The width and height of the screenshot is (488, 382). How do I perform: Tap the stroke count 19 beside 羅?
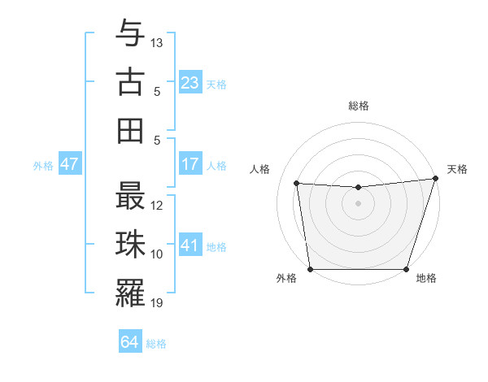tap(158, 303)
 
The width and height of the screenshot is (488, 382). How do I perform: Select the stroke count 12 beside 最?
tap(158, 206)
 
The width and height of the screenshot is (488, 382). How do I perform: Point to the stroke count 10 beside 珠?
tap(158, 254)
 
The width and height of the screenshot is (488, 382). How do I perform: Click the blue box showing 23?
tap(190, 82)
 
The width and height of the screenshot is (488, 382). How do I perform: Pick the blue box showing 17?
tap(190, 164)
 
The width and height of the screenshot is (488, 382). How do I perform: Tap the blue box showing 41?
tap(190, 245)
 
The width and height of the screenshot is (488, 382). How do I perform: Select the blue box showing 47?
tap(69, 164)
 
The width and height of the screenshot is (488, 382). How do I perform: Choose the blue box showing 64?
tap(129, 342)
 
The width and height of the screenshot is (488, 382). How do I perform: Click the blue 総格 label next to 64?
tap(157, 344)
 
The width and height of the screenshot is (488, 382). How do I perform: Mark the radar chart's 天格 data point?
tap(434, 178)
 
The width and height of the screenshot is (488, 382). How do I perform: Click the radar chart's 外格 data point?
tap(310, 268)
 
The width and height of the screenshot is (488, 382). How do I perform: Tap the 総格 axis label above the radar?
tap(358, 106)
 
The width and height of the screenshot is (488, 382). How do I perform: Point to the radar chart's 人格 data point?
tap(297, 184)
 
